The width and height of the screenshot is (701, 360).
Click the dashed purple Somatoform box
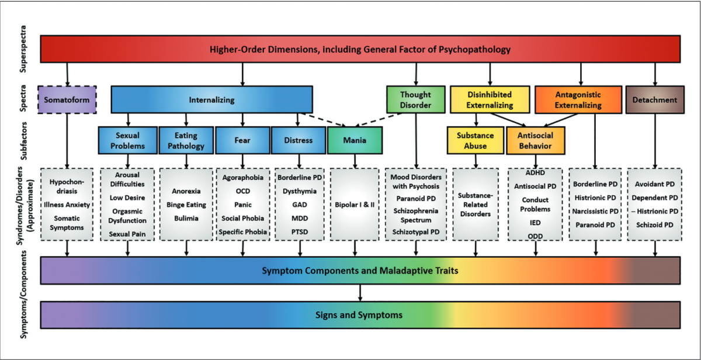point(67,100)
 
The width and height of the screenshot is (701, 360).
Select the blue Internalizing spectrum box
point(211,100)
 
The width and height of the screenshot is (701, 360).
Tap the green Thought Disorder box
point(415,100)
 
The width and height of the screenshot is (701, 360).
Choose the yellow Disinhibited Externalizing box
point(490,100)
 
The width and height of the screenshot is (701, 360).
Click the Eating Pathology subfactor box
point(186,140)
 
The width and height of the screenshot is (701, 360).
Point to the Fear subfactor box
point(242,140)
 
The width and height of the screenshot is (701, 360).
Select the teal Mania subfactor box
point(355,140)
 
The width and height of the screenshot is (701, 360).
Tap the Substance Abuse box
point(475,140)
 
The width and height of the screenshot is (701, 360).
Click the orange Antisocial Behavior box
point(535,140)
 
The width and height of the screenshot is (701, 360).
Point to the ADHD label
point(535,174)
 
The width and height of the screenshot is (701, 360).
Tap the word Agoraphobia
point(242,177)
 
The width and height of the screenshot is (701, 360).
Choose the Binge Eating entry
point(186,205)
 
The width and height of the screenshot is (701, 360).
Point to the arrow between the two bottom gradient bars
point(360,292)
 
